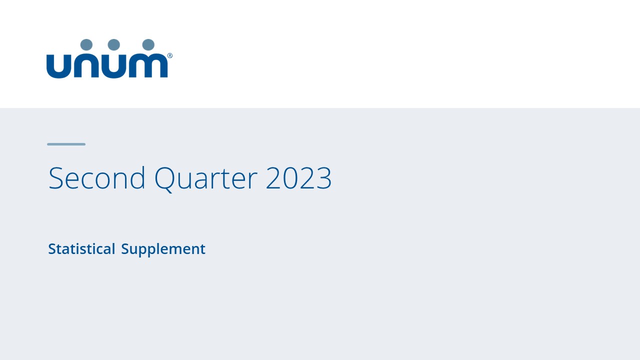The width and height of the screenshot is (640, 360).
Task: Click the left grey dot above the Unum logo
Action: [x=86, y=44]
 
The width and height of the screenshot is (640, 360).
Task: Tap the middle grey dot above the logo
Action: [x=114, y=44]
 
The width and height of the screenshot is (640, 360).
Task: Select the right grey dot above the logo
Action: [x=148, y=44]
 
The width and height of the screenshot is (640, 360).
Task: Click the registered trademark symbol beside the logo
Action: [x=170, y=56]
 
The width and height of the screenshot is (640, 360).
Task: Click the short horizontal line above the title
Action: [x=66, y=144]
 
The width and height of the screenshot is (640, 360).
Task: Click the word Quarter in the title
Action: [x=205, y=178]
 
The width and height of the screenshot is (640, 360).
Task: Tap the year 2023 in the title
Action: [x=298, y=178]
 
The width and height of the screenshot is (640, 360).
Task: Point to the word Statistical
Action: [x=81, y=249]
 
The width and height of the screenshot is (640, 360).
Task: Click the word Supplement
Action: [x=163, y=249]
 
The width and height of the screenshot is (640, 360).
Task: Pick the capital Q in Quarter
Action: [x=164, y=178]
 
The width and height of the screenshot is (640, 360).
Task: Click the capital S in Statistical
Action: [x=51, y=249]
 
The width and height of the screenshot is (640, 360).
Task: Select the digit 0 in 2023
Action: [x=290, y=178]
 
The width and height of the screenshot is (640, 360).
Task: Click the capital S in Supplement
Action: [x=125, y=249]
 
